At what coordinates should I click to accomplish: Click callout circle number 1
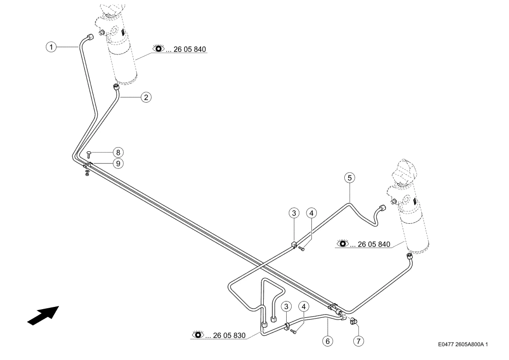pos(51,47)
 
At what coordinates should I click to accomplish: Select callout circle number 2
pos(146,97)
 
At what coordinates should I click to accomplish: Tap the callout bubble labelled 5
pos(350,178)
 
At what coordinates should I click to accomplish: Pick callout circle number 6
pos(328,341)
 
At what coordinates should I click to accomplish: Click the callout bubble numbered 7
pos(358,341)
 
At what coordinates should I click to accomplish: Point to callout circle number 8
pos(118,152)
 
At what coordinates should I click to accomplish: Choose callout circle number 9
pos(118,163)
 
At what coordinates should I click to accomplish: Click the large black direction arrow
pos(43,315)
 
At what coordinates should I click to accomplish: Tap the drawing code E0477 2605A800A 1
pos(463,344)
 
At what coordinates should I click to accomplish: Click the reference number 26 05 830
pos(229,335)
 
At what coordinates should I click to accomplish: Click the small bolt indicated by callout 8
pos(89,154)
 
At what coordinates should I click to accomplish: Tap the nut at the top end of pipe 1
pos(90,37)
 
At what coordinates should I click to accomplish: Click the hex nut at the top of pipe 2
pos(116,87)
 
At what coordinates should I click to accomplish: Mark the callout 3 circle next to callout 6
pos(286,306)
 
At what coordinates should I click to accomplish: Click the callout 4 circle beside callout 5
pos(311,213)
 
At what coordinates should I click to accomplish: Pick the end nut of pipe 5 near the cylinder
pos(383,208)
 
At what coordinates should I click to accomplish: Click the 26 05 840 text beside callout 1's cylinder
pos(189,49)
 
